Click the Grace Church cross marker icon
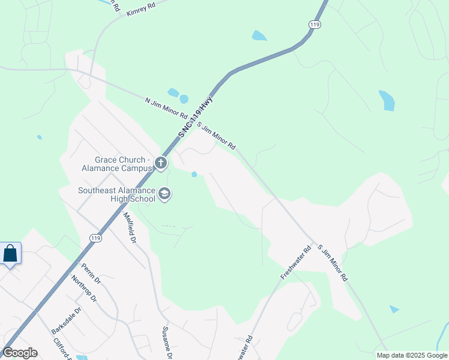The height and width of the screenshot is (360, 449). point(160,163)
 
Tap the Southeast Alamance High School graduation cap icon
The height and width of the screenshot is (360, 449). point(164,195)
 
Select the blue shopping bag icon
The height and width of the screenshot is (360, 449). point(10,253)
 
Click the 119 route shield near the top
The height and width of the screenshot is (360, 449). point(315,24)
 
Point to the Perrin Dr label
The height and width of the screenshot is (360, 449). point(91,274)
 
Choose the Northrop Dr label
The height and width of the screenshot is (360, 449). point(83,289)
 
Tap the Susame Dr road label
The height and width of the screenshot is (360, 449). point(167,343)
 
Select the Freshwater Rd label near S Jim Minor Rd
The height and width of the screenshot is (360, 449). point(295,262)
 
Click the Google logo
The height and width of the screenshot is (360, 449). point(20,352)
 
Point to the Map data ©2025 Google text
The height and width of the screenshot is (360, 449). point(411,355)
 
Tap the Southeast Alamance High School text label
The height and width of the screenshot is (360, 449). point(116,195)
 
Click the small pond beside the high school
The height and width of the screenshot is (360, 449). point(194,175)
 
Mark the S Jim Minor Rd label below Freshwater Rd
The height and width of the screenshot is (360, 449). point(333,263)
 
